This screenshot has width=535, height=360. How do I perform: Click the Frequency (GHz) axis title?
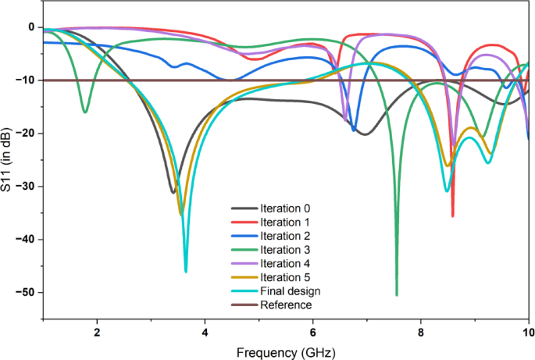pyautogui.click(x=287, y=352)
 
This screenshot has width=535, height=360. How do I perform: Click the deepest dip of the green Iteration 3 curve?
pyautogui.click(x=397, y=294)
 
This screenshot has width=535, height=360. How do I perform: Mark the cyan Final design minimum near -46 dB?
pyautogui.click(x=186, y=270)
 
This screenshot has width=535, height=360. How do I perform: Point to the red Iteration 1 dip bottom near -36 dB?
pyautogui.click(x=452, y=216)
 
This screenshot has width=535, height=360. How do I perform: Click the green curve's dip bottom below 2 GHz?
pyautogui.click(x=85, y=112)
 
